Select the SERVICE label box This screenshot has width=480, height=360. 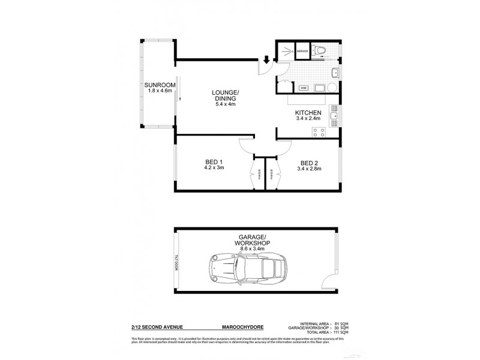click(302, 52)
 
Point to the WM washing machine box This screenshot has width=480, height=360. click(303, 88)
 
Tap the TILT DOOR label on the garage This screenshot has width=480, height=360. click(178, 262)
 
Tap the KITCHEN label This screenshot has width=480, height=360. click(308, 113)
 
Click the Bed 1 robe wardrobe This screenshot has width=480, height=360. click(254, 176)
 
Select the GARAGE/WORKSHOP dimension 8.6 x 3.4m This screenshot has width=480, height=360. click(253, 247)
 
